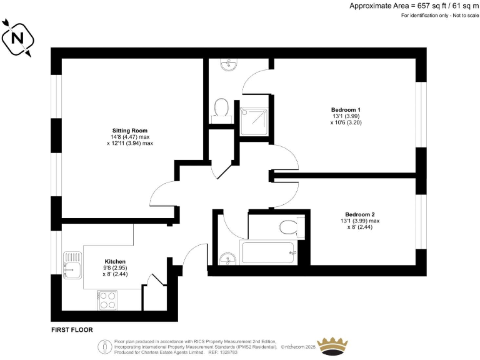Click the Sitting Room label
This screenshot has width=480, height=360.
[129, 131]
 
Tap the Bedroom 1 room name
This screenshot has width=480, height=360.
[346, 109]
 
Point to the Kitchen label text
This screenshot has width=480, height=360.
[115, 261]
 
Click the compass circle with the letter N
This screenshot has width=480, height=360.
[18, 38]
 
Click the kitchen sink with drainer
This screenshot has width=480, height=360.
[72, 263]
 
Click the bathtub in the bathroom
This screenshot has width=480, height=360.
[267, 252]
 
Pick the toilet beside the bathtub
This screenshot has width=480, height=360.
[290, 226]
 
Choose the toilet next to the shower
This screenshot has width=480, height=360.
[221, 108]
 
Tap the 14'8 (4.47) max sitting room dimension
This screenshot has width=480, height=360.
[130, 137]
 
